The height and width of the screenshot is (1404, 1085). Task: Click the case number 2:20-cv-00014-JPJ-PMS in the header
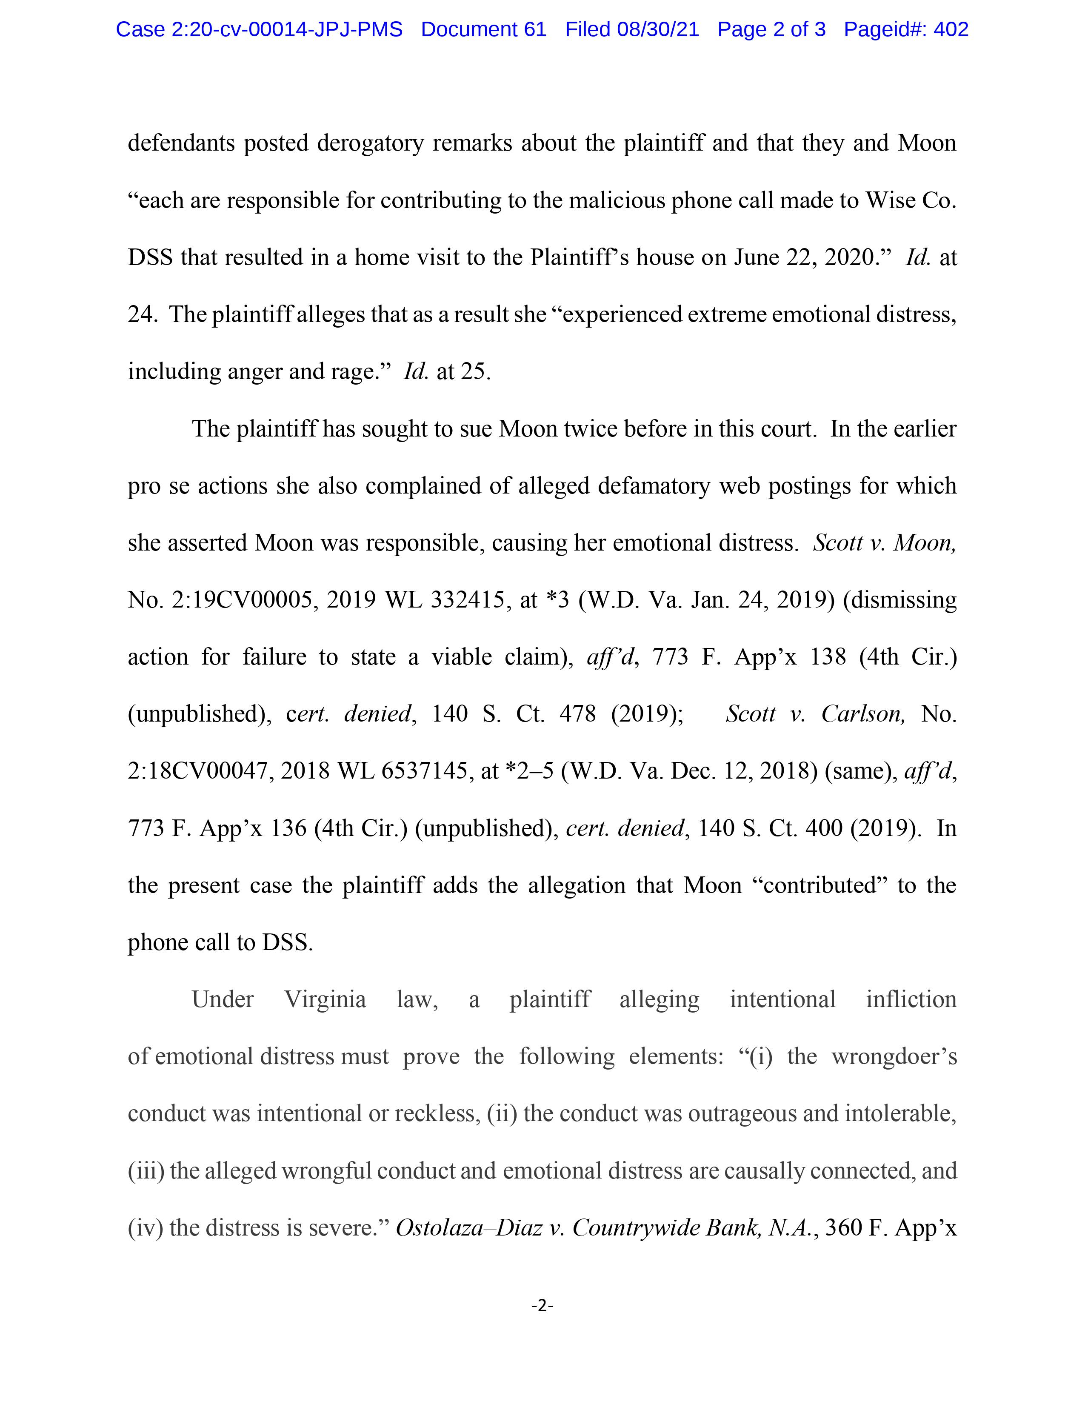point(287,30)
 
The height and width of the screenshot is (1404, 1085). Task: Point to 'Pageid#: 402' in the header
point(906,30)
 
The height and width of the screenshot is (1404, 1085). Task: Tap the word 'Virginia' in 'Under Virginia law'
point(325,1000)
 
